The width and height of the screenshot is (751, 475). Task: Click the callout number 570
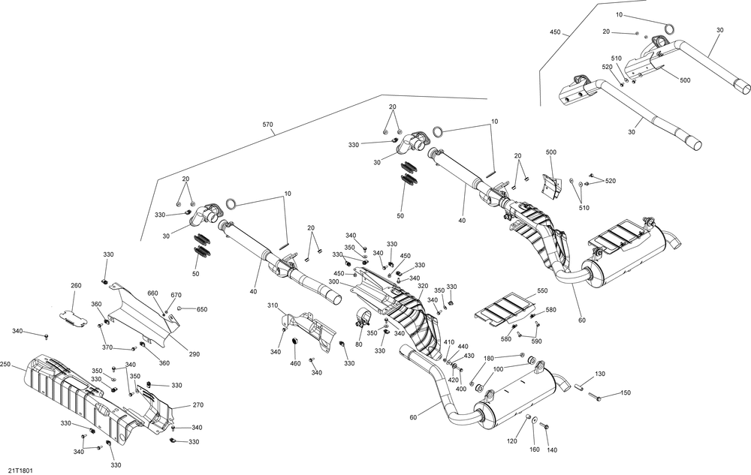[x=268, y=125]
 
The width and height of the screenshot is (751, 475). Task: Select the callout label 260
[x=76, y=286]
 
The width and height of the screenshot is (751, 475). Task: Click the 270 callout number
[x=198, y=405]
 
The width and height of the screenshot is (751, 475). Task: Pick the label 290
[x=194, y=354]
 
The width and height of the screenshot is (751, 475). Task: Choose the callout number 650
[x=202, y=309]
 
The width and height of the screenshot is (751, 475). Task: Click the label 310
[x=273, y=305]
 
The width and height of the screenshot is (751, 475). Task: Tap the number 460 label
[x=295, y=363]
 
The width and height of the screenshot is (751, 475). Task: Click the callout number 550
[x=542, y=291]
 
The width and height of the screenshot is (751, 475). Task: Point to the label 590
[x=536, y=341]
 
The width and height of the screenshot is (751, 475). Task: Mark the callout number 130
[x=600, y=374]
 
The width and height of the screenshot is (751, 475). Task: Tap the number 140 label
[x=552, y=450]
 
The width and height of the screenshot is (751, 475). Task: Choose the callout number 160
[x=535, y=449]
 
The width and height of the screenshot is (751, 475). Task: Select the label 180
[x=489, y=358]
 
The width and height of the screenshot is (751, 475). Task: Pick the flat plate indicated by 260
[x=74, y=320]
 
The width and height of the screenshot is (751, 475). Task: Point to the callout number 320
[x=422, y=286]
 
